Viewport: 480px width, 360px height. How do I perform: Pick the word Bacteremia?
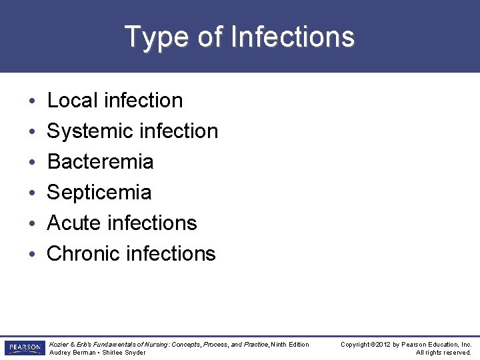100,161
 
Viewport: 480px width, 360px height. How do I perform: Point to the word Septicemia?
99,193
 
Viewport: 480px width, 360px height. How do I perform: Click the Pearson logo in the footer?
24,348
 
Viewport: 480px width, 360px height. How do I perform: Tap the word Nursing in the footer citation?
155,345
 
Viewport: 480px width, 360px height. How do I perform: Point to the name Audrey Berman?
70,353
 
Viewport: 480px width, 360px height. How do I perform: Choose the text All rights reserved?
443,353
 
